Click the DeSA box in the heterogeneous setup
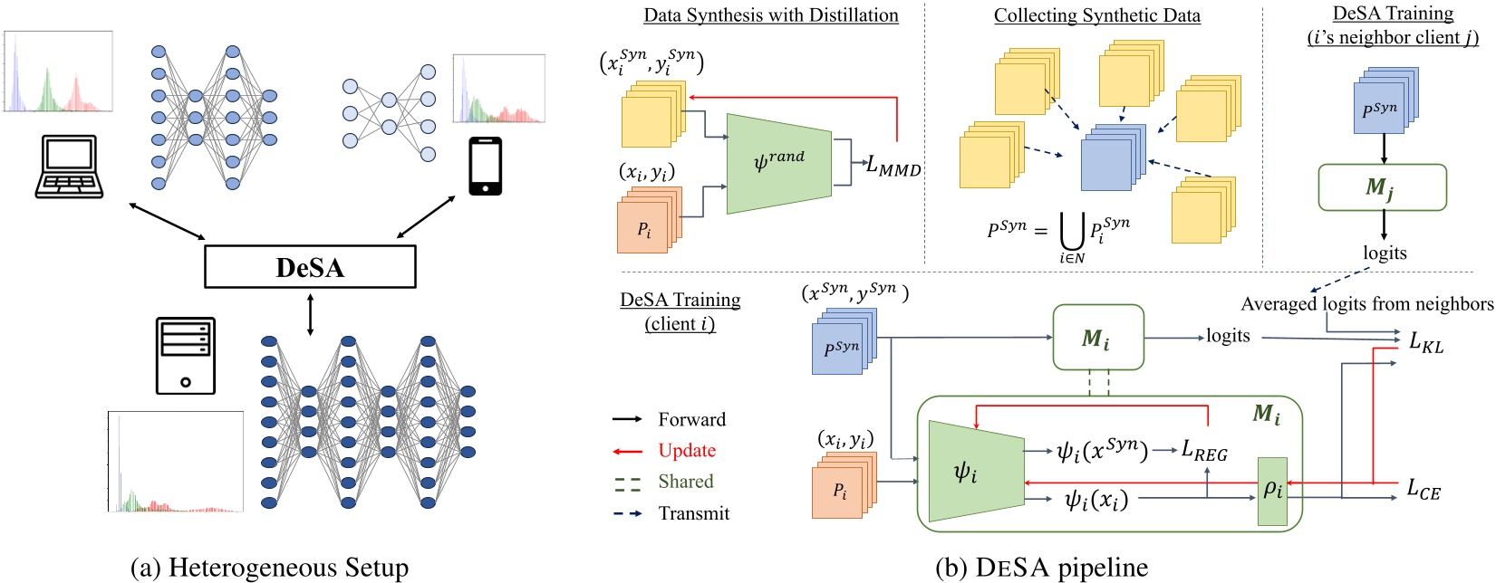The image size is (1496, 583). point(310,267)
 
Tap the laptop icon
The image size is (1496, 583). point(69,167)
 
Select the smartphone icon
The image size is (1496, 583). point(486,167)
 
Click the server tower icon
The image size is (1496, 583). point(186,356)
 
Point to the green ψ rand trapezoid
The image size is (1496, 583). point(778,164)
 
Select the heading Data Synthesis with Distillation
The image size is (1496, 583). point(770,15)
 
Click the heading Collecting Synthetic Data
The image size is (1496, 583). point(1096,15)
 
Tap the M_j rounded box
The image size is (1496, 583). point(1382,187)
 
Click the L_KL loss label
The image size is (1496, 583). point(1425,342)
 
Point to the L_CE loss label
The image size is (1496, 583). point(1423,489)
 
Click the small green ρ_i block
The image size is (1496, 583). point(1272,491)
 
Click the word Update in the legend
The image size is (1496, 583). point(686,451)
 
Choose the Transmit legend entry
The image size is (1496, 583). point(693,513)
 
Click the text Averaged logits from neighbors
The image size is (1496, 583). point(1366,304)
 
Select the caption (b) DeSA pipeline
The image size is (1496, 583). point(1041,568)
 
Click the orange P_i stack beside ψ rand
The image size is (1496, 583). point(646,223)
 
